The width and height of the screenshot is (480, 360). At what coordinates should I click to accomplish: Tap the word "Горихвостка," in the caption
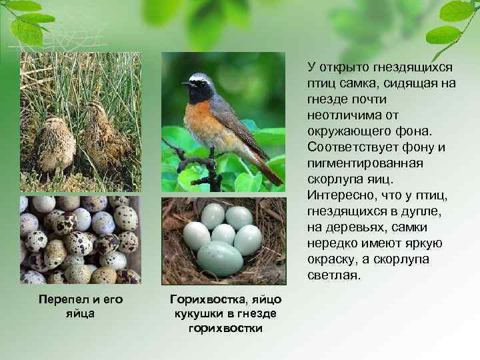(x=201, y=299)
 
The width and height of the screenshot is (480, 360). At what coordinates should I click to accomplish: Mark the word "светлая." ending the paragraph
(x=333, y=275)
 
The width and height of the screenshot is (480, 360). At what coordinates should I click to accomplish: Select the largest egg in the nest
(x=219, y=259)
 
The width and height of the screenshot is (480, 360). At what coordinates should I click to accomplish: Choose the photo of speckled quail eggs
(x=81, y=239)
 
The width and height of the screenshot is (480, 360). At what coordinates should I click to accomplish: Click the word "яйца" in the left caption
(x=80, y=313)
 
